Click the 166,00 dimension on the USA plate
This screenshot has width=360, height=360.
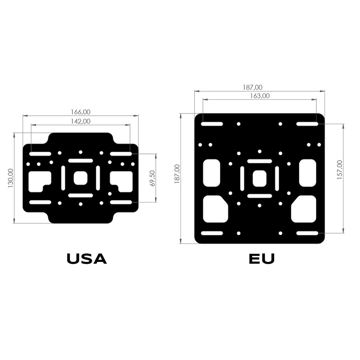(x=81, y=112)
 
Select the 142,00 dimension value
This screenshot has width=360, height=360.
(x=81, y=121)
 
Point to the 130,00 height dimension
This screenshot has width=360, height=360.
(x=10, y=178)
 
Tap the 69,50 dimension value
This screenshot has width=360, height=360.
(x=152, y=178)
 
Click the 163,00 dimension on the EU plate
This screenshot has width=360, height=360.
(x=260, y=96)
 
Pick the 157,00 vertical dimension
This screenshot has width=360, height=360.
(x=340, y=170)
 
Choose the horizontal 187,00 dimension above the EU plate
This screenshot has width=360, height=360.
(x=252, y=87)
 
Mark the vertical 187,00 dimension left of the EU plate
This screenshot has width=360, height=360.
(x=177, y=174)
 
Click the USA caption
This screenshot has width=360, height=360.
(x=87, y=259)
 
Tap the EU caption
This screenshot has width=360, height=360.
(x=262, y=259)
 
